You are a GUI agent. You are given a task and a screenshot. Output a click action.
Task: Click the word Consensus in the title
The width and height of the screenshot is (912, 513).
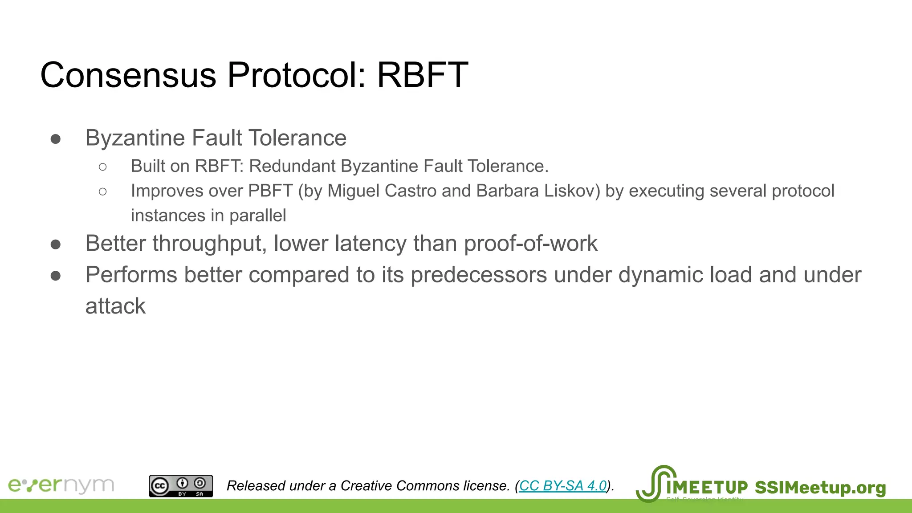coord(128,75)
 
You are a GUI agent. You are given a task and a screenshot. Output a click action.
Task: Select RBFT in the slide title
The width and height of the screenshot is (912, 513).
coord(422,75)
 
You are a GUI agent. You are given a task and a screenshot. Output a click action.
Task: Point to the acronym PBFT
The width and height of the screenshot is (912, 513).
coord(270,191)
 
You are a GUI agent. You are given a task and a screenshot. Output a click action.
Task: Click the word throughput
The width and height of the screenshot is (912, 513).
coord(209,244)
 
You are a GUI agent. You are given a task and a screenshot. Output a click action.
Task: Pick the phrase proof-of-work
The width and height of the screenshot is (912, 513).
coord(530,244)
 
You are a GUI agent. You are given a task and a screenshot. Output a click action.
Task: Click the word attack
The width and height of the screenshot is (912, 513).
coord(115,306)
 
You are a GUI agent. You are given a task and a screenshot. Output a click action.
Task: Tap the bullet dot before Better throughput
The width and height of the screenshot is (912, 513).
coord(56,244)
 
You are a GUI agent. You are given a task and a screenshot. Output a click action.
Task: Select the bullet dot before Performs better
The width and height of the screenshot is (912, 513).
coord(56,276)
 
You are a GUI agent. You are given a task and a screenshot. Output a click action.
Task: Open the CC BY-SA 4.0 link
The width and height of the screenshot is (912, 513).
coord(563,485)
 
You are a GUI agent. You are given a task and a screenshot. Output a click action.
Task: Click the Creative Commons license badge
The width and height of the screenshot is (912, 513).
coord(181,486)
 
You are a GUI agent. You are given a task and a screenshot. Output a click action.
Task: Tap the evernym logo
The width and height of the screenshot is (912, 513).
coord(61,485)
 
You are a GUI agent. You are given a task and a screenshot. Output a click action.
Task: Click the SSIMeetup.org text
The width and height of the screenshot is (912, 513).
coord(820,488)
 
